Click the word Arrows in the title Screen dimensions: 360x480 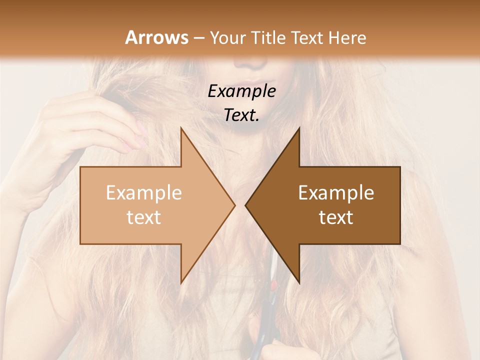156,37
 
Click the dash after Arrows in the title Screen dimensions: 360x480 198,38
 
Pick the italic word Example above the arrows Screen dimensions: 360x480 241,91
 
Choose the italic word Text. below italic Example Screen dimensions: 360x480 241,115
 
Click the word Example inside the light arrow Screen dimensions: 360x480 143,192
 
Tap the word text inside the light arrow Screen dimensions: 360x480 143,217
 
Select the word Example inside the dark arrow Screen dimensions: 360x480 336,192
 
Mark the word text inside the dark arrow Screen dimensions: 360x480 336,217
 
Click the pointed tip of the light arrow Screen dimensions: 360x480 234,205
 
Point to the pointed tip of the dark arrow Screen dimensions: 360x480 246,205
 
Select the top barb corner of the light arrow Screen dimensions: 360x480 181,128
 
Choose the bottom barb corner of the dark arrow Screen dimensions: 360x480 299,282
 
